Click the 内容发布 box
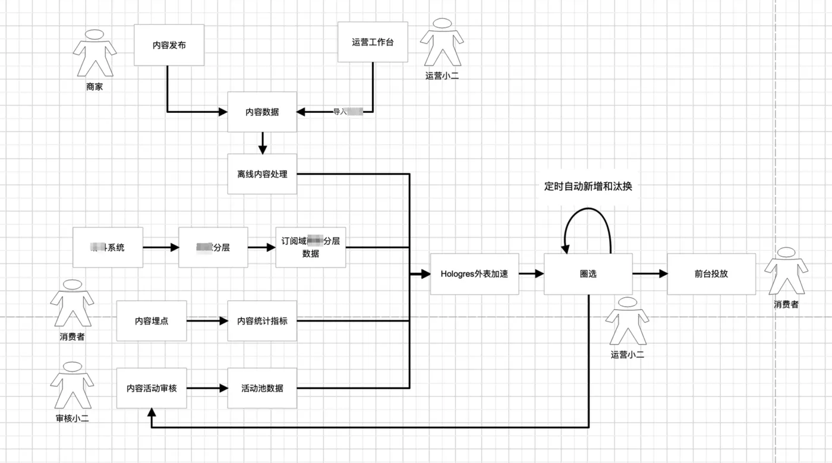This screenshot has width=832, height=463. (169, 45)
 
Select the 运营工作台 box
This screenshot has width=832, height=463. (373, 42)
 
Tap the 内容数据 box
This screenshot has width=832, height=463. (262, 112)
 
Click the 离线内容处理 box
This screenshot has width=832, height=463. (262, 174)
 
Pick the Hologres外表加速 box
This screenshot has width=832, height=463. (474, 274)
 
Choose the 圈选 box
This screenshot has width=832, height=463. (588, 274)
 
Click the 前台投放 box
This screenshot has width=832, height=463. (711, 274)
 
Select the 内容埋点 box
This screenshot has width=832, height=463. (152, 321)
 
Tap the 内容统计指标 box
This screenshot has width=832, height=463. (262, 321)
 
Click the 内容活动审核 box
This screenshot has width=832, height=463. (152, 388)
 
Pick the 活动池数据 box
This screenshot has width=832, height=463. (262, 388)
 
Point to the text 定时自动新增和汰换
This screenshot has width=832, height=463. (588, 186)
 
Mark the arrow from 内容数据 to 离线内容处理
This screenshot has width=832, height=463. (262, 143)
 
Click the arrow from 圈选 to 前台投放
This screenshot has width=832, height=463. (650, 274)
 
